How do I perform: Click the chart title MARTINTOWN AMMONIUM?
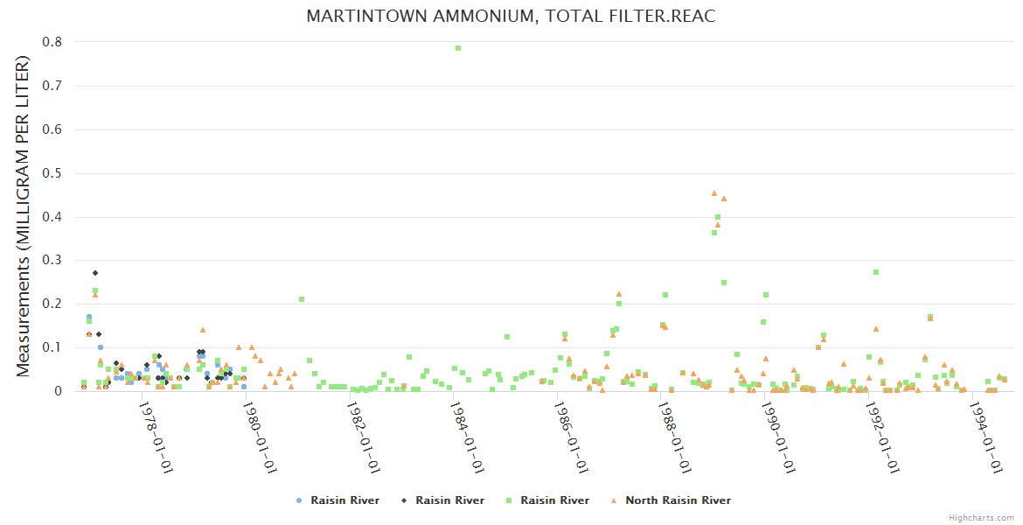[x=511, y=17]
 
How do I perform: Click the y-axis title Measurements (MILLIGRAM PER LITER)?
[x=24, y=216]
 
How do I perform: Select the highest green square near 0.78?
[x=458, y=48]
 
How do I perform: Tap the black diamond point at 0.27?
[x=95, y=273]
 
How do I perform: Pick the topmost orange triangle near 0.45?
[x=713, y=193]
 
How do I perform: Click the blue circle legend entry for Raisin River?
[x=338, y=500]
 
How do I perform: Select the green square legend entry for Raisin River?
[x=547, y=500]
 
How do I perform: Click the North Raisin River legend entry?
[x=671, y=500]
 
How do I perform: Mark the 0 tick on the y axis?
[x=58, y=391]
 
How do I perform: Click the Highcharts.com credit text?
[x=981, y=517]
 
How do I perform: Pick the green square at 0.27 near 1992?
[x=875, y=272]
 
